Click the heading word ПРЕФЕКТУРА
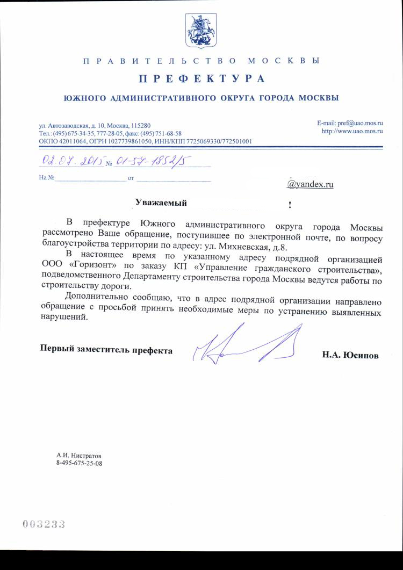[x=202, y=80]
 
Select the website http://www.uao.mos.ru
[x=351, y=131]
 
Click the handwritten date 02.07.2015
[x=73, y=161]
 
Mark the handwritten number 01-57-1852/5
[x=153, y=161]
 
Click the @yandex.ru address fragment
[x=311, y=184]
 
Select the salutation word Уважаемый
[x=161, y=203]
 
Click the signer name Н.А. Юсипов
[x=350, y=355]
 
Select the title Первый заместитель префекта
[x=107, y=350]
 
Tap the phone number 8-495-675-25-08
[x=79, y=463]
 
